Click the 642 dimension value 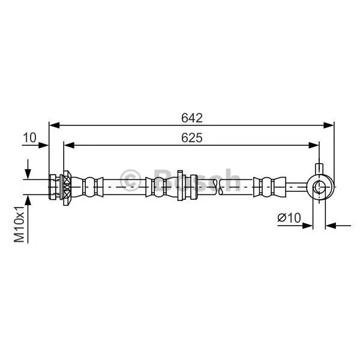point(192,118)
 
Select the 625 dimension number point(192,138)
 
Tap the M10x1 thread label point(19,224)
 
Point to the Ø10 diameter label point(289,217)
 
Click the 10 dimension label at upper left point(29,137)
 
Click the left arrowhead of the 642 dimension point(55,125)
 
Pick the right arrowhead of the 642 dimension point(328,125)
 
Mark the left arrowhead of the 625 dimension point(69,145)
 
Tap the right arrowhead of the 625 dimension point(314,145)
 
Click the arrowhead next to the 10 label point(43,145)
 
